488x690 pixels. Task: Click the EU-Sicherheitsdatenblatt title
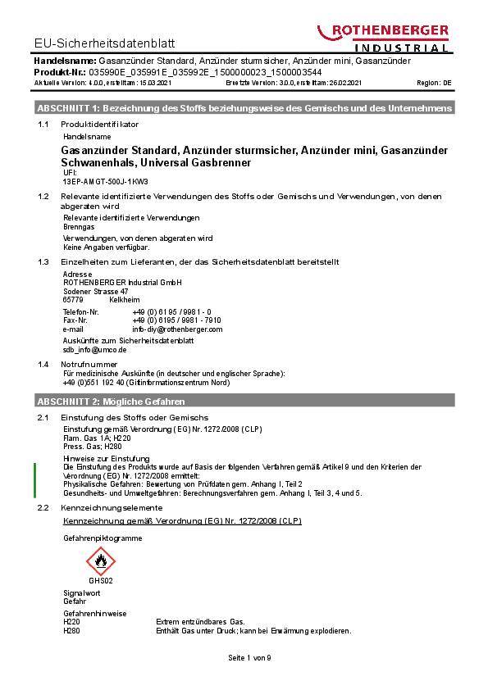coord(105,43)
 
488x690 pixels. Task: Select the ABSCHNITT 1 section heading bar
coord(244,108)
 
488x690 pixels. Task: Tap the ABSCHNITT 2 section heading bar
coord(244,402)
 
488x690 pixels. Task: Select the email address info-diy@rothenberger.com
coord(177,329)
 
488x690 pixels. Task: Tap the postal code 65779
coord(73,300)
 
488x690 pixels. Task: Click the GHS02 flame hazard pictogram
coord(101,562)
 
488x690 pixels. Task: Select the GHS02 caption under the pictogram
coord(101,580)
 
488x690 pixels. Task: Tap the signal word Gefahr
coord(75,601)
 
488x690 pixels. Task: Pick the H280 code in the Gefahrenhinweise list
coord(71,631)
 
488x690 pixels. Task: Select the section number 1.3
coord(44,261)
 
